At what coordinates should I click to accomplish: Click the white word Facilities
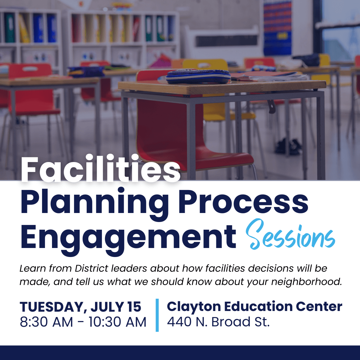coord(100,168)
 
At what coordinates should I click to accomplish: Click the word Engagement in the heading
coord(128,239)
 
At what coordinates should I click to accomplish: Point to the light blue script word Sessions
coord(290,235)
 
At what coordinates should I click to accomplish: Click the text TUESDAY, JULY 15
coord(80,307)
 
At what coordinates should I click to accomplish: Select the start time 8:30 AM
coord(46,322)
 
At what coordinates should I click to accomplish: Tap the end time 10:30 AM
coord(118,322)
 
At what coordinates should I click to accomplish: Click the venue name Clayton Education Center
coord(254,307)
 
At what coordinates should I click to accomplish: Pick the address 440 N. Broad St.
coord(218,322)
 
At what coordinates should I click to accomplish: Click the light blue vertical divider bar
coord(157,315)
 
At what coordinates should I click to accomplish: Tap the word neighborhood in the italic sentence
coord(307,282)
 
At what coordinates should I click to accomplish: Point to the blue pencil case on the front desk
coord(198,76)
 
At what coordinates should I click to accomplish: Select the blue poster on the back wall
coord(277,28)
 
